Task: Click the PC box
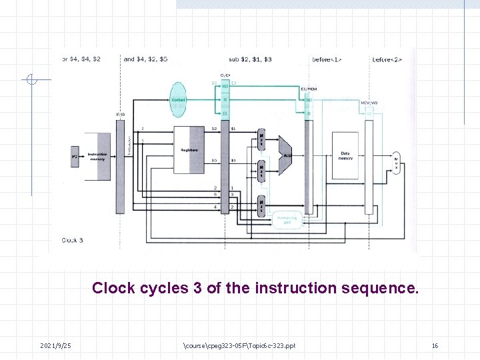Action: (75, 156)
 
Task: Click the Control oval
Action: (178, 100)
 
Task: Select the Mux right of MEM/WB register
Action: (396, 162)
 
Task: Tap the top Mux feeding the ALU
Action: (263, 139)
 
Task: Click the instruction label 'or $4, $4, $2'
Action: (82, 59)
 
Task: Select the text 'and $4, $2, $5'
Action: (145, 59)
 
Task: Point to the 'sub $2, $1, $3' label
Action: (250, 59)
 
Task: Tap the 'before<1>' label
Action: (327, 59)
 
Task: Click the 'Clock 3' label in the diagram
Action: (73, 240)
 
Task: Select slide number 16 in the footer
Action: (435, 345)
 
